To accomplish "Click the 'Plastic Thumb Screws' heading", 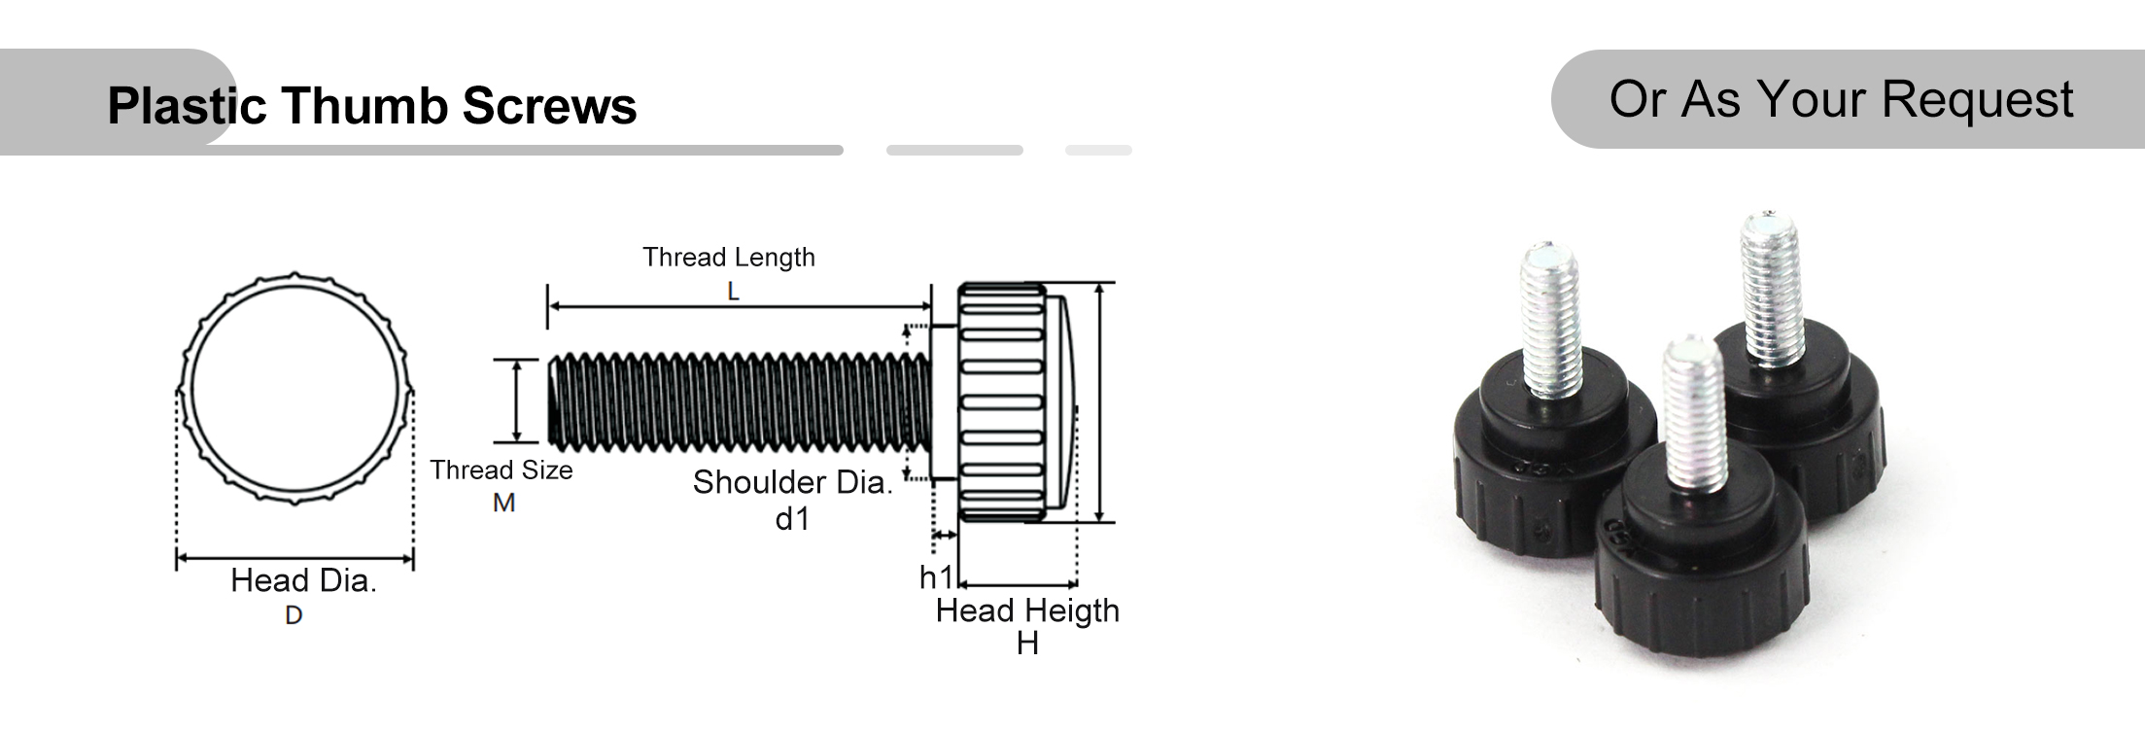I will pyautogui.click(x=371, y=105).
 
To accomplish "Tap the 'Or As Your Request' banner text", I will pyautogui.click(x=1840, y=99).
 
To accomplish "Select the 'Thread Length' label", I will pyautogui.click(x=728, y=258).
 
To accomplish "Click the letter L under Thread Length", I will pyautogui.click(x=733, y=291).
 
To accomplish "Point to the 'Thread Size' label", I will pyautogui.click(x=502, y=471).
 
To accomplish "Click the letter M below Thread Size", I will pyautogui.click(x=503, y=504).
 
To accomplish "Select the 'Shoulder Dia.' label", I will pyautogui.click(x=792, y=482).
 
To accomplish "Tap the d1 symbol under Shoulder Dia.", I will pyautogui.click(x=792, y=519).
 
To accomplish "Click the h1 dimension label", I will pyautogui.click(x=937, y=577).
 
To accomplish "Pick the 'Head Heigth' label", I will pyautogui.click(x=1027, y=610).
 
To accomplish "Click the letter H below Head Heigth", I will pyautogui.click(x=1027, y=644).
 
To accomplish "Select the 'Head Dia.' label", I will pyautogui.click(x=303, y=580).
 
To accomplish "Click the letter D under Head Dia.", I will pyautogui.click(x=294, y=615).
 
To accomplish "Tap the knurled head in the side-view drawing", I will pyautogui.click(x=1001, y=402).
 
